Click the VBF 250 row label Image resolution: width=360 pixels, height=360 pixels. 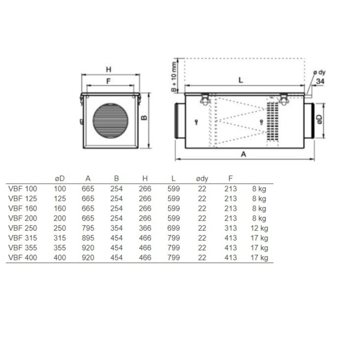(x=22, y=228)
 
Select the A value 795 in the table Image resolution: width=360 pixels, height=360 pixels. (x=88, y=228)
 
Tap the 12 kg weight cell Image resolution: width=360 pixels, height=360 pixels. (x=259, y=228)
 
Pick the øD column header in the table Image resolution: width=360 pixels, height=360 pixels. (x=60, y=178)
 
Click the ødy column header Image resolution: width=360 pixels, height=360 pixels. (x=202, y=179)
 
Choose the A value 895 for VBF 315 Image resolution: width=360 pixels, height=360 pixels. (x=88, y=238)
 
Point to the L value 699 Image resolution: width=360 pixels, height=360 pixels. (x=173, y=228)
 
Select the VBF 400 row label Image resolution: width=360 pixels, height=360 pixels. (x=22, y=257)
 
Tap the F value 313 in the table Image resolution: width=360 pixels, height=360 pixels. (x=231, y=228)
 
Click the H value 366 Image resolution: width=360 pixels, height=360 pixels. (x=145, y=228)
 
